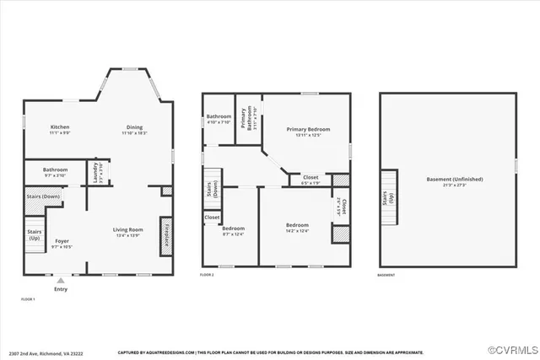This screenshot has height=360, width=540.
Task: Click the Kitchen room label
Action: (59, 126)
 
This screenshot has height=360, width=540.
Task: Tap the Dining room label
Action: (135, 126)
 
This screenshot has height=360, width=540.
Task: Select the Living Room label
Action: (129, 229)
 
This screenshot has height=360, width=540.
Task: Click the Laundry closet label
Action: (95, 172)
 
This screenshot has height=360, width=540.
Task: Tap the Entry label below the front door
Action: (61, 289)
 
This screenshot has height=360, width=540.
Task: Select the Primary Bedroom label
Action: (307, 129)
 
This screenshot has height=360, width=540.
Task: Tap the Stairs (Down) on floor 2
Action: (210, 189)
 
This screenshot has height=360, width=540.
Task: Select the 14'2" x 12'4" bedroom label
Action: (297, 226)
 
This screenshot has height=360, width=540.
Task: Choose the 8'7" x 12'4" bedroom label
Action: (232, 230)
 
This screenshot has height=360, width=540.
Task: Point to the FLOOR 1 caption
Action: (28, 299)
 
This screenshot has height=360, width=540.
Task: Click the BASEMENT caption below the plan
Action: (385, 276)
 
